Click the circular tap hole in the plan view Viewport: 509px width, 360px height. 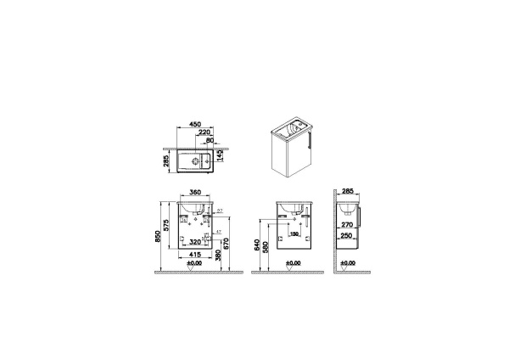tap(209, 159)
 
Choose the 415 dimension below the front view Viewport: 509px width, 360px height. tap(196, 255)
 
